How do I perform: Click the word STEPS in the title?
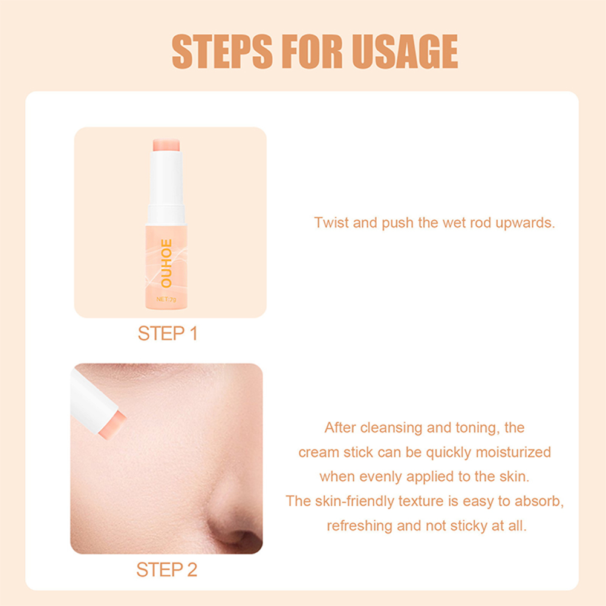coord(222,51)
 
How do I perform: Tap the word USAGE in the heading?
coord(405,51)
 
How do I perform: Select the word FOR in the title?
coord(312,51)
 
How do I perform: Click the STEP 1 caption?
coord(168,333)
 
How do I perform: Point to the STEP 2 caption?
coord(166,570)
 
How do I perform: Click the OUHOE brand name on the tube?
coord(166,263)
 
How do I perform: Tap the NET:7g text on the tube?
coord(166,299)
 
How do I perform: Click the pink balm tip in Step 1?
coord(166,145)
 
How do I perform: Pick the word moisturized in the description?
coord(513,452)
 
